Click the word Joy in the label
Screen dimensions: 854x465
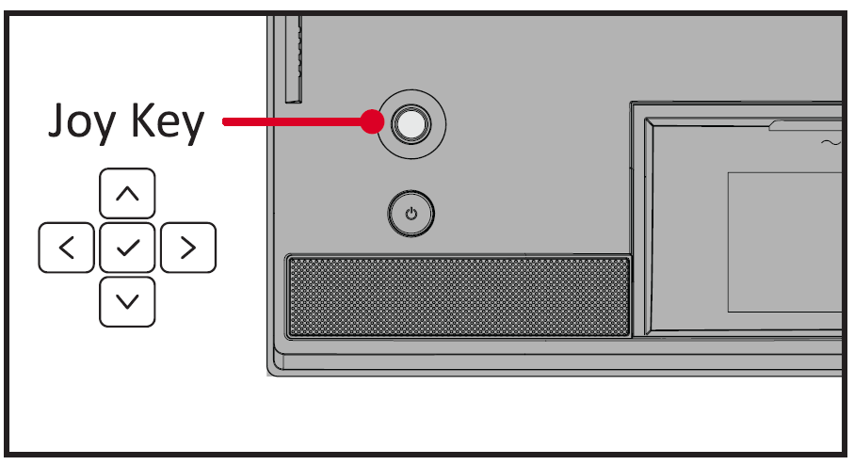[x=82, y=123]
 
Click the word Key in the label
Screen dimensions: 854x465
[x=168, y=123]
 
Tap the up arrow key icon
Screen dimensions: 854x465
[x=127, y=193]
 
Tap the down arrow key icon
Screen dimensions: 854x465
[x=127, y=301]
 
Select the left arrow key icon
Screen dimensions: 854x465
[x=67, y=248]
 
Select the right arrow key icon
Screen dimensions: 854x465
[x=188, y=248]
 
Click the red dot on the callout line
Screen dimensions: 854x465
[x=373, y=121]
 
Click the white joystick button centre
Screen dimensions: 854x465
[x=411, y=124]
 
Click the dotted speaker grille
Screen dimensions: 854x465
[x=459, y=297]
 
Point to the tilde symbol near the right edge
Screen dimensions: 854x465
[x=831, y=143]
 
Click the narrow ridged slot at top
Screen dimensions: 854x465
[x=294, y=58]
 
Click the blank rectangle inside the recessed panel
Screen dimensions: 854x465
[x=785, y=243]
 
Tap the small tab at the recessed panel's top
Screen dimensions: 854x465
[x=805, y=125]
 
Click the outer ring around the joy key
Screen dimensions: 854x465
[x=411, y=124]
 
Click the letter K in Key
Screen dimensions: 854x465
[x=143, y=120]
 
